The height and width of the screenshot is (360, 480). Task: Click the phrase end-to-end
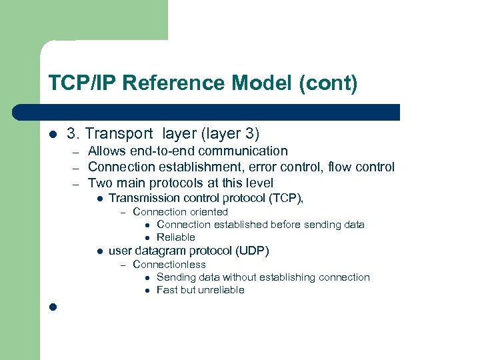(x=160, y=151)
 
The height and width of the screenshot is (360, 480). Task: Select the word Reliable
(x=176, y=237)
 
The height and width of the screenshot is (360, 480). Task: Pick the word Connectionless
(x=169, y=265)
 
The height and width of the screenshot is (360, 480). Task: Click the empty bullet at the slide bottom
(x=53, y=307)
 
